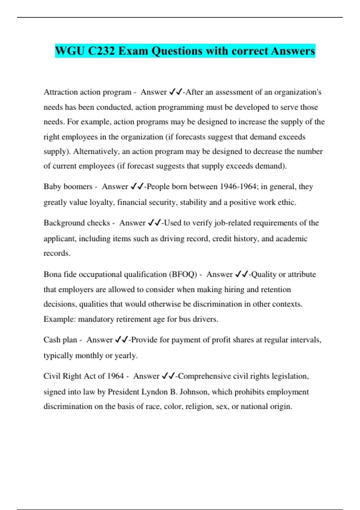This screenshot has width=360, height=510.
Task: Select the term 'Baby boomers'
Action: point(68,187)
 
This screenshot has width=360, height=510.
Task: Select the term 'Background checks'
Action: point(77,223)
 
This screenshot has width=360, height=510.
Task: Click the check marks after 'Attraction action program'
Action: point(176,92)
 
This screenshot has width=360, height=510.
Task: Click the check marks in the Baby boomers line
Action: point(137,187)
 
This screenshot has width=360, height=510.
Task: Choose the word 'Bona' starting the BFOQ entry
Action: point(52,274)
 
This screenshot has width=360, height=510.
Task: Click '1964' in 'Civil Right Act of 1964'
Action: point(115,376)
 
